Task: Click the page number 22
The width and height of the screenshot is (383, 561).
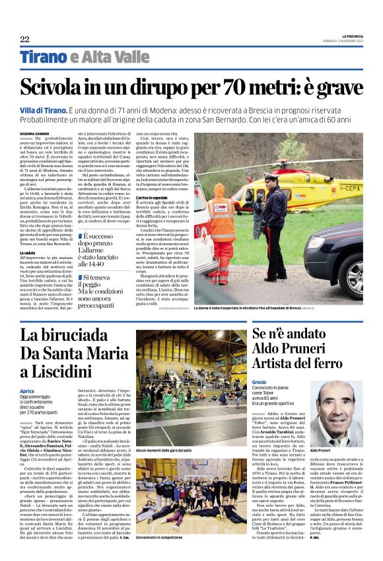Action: pyautogui.click(x=24, y=39)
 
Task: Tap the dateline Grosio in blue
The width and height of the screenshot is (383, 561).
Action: pyautogui.click(x=260, y=383)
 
